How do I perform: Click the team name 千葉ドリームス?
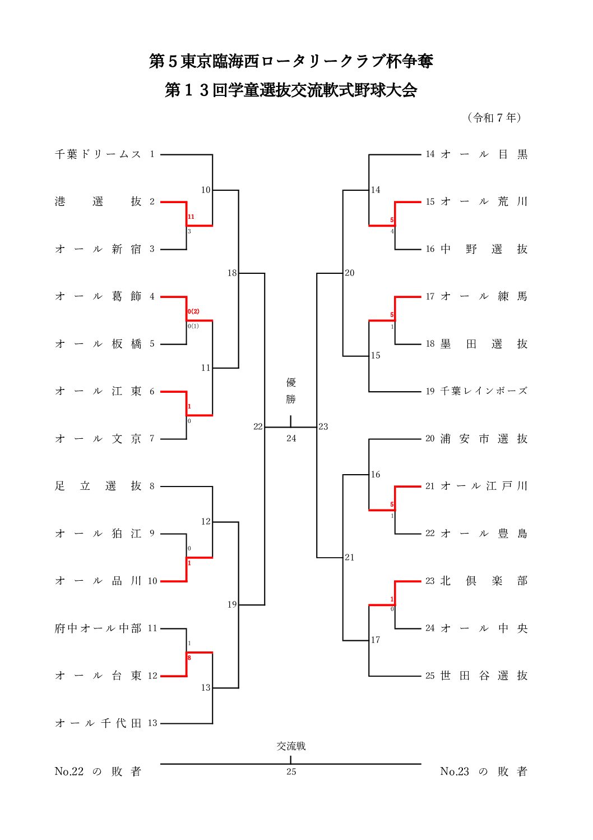point(98,154)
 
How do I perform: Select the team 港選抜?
point(98,202)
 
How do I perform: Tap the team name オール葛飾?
point(98,297)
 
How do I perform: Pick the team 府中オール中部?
point(98,628)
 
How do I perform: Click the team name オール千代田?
point(98,723)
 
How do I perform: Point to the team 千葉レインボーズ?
point(484,392)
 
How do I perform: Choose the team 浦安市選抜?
point(484,439)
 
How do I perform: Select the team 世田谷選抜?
point(484,676)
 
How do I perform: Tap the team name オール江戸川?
point(484,486)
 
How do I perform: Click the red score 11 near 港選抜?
point(191,217)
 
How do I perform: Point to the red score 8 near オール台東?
point(189,658)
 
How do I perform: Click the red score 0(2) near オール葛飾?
point(193,311)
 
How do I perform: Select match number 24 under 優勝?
point(291,438)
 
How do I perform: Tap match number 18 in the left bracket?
point(232,273)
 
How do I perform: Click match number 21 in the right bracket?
point(350,557)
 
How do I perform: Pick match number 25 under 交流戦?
point(291,772)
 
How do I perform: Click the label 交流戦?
point(291,746)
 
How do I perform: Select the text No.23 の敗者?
point(484,772)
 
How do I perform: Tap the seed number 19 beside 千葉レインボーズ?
point(430,392)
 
